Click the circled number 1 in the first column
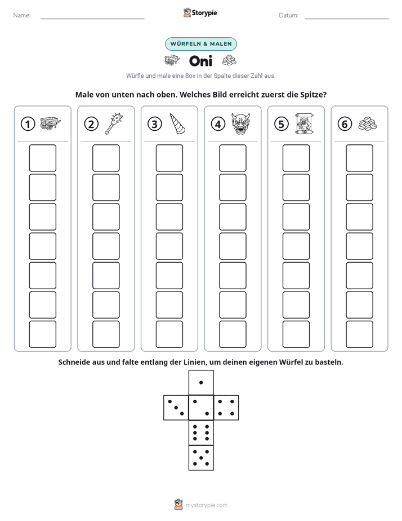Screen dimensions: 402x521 pyautogui.click(x=28, y=124)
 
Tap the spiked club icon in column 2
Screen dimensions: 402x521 pyautogui.click(x=114, y=123)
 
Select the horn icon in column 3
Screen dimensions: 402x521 pyautogui.click(x=177, y=123)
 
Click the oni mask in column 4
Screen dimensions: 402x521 pyautogui.click(x=241, y=123)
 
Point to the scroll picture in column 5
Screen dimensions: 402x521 pyautogui.click(x=304, y=123)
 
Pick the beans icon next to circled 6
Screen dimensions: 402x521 pyautogui.click(x=368, y=124)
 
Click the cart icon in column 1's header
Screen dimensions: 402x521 pyautogui.click(x=51, y=123)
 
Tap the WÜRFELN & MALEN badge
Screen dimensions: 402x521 pyautogui.click(x=201, y=44)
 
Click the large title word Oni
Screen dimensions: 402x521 pyautogui.click(x=200, y=61)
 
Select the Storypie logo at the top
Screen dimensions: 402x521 pyautogui.click(x=200, y=12)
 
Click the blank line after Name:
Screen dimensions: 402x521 pyautogui.click(x=92, y=19)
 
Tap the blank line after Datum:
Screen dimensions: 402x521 pyautogui.click(x=347, y=19)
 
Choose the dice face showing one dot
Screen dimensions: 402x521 pyautogui.click(x=201, y=382)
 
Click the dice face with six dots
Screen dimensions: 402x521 pyautogui.click(x=201, y=432)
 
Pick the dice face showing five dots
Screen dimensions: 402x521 pyautogui.click(x=201, y=458)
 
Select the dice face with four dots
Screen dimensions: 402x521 pyautogui.click(x=226, y=408)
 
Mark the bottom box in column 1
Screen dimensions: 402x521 pyautogui.click(x=42, y=334)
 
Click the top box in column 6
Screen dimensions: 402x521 pyautogui.click(x=360, y=158)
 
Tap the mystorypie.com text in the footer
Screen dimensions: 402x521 pyautogui.click(x=206, y=505)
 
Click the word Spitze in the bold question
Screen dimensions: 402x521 pyautogui.click(x=314, y=95)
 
